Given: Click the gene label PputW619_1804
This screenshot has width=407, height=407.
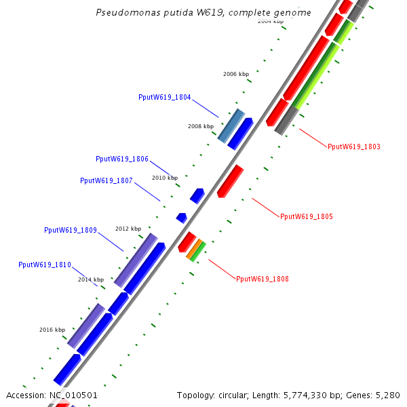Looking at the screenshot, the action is (x=164, y=98).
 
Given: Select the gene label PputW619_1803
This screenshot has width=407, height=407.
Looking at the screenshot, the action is (x=354, y=147).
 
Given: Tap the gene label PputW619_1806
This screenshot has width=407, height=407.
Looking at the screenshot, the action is (x=122, y=159).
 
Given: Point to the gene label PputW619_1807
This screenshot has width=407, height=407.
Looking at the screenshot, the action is (x=106, y=180).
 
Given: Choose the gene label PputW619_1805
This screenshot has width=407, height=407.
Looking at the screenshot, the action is (x=307, y=217).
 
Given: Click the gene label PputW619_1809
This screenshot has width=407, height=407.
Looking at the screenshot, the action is (x=71, y=230).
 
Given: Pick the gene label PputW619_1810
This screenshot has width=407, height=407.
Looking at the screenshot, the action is (x=45, y=265).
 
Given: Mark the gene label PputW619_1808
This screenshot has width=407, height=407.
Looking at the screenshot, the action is (x=263, y=279).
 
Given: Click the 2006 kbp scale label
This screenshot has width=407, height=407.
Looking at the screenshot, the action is (x=236, y=74).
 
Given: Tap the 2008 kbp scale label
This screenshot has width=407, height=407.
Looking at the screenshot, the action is (x=201, y=126).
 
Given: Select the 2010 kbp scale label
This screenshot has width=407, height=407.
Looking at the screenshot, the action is (x=165, y=178).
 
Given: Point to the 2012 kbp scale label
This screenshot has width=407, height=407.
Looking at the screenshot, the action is (x=128, y=229).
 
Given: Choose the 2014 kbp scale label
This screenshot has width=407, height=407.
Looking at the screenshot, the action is (x=91, y=279).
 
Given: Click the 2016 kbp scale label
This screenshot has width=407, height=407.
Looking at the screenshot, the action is (x=52, y=330).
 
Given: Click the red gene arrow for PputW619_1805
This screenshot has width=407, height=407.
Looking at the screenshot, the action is (x=230, y=181).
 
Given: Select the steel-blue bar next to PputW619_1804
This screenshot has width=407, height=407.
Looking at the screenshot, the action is (x=231, y=125).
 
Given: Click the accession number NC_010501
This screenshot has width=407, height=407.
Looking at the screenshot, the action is (x=74, y=395).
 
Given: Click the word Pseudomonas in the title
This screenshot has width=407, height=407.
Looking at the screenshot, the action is (x=119, y=13).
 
